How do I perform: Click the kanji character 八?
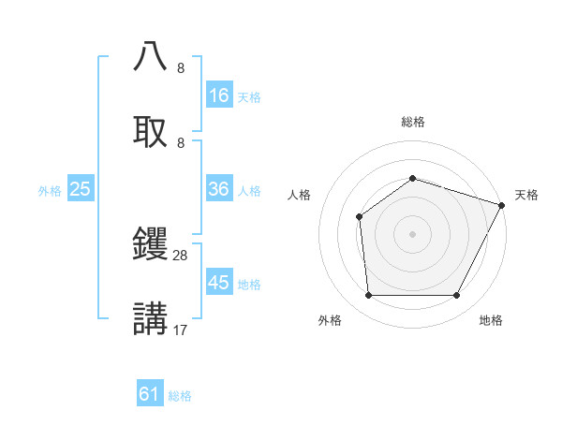coord(151,57)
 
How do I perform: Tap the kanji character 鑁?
coord(151,245)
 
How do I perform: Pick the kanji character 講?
coord(151,319)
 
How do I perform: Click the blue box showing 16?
coord(219,95)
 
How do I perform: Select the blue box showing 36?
coord(219,189)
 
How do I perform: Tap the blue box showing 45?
coord(219,282)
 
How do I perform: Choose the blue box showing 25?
coord(81,189)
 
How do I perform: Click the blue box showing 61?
coord(150,394)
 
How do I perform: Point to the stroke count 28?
coord(181,256)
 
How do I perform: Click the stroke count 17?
coord(181,330)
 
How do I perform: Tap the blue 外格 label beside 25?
coord(50,190)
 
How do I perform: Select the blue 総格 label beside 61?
coord(180,395)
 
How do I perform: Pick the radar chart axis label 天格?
coord(526,195)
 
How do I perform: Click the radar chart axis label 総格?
coord(413,122)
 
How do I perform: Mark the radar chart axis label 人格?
coord(300,195)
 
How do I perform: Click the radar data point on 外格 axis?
coord(368,296)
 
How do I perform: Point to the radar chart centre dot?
coord(413,234)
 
